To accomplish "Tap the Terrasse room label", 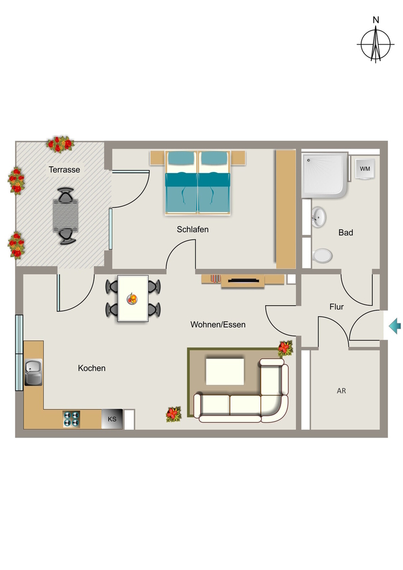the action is click(x=65, y=169).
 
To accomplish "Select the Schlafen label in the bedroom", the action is click(x=193, y=229).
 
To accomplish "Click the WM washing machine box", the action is click(x=365, y=169).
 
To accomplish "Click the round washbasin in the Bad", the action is click(x=318, y=217).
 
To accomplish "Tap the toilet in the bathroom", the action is click(x=322, y=255).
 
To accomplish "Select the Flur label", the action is click(x=337, y=307).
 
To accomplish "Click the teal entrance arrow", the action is click(x=395, y=326).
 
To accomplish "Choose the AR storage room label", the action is click(x=341, y=391).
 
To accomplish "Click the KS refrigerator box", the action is click(x=112, y=419).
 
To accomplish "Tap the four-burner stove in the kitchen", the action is click(x=71, y=419).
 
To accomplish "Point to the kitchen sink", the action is click(x=33, y=372).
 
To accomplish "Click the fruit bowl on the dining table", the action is click(x=132, y=299).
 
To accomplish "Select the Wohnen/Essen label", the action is click(x=218, y=325).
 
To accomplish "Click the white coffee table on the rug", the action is click(x=225, y=371).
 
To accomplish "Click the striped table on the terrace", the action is click(x=66, y=215).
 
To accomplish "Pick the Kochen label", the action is click(x=92, y=368).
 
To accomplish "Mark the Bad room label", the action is click(x=346, y=232).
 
